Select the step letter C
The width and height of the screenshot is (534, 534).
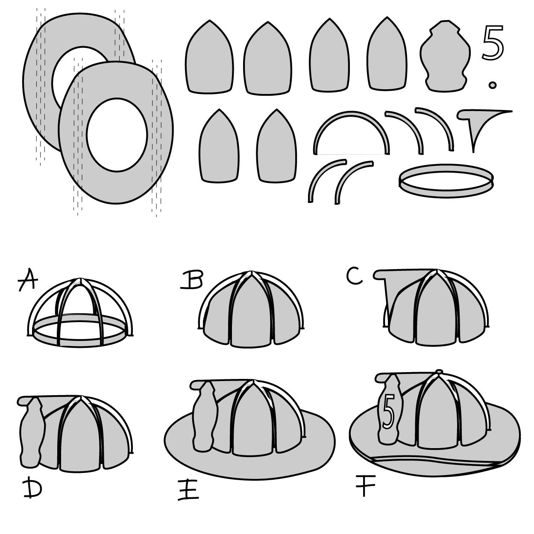355,276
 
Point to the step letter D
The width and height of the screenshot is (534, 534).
32,488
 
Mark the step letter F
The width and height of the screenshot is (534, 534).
365,487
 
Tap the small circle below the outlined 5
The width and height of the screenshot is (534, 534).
493,85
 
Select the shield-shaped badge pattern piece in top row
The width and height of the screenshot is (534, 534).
445,56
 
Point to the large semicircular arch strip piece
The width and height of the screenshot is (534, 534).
352,128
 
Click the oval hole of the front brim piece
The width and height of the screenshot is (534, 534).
117,134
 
